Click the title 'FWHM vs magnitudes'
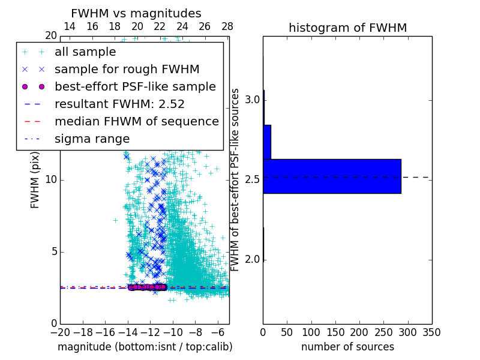click(x=136, y=13)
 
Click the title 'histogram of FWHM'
click(x=347, y=28)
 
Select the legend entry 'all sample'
click(x=85, y=52)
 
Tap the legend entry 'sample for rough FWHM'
click(x=127, y=69)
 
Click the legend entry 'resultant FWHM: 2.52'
click(x=119, y=104)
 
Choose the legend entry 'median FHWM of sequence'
click(x=136, y=121)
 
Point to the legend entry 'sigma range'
click(x=92, y=139)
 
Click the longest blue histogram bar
click(x=332, y=176)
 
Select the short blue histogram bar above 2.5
click(x=267, y=142)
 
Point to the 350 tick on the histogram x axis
click(x=431, y=332)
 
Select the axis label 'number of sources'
click(x=347, y=347)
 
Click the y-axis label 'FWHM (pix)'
click(x=35, y=179)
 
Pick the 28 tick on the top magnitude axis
click(x=227, y=26)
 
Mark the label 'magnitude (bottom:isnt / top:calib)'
click(x=145, y=347)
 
